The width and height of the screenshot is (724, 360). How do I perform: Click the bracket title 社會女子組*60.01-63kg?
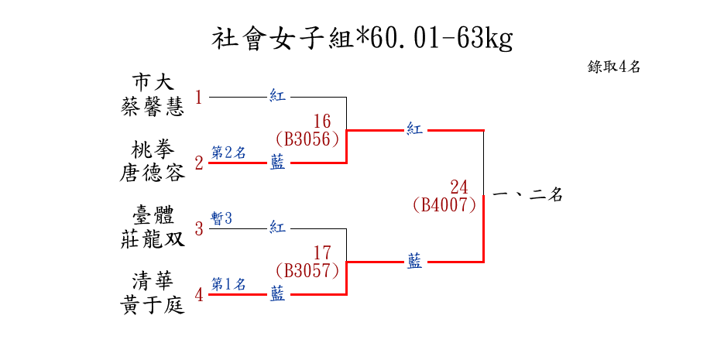coord(362,39)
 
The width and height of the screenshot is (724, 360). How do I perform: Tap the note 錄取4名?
coord(613,67)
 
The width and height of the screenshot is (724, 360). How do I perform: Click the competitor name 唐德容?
coord(153,173)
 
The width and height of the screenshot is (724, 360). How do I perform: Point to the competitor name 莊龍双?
coord(153,240)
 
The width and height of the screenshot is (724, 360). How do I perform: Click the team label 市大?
coord(153,83)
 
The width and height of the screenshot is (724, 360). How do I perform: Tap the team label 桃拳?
coord(153,149)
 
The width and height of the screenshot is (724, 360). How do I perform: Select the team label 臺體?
coord(153,215)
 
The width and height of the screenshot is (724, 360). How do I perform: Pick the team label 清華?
coord(153,281)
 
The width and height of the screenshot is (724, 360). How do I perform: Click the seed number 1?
coord(198,98)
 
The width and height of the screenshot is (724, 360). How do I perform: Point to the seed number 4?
coord(199,295)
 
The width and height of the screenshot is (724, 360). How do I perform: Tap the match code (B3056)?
coord(307,139)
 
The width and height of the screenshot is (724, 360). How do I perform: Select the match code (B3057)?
coord(307,270)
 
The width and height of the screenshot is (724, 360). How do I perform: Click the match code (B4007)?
coord(444,205)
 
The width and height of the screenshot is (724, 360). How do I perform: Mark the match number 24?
coord(459,187)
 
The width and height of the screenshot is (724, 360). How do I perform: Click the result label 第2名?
coord(228,153)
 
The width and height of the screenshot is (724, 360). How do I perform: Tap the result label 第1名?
coord(228,284)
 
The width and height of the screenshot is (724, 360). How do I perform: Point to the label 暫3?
coord(221,218)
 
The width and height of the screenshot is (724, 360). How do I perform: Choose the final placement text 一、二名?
coord(527,195)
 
